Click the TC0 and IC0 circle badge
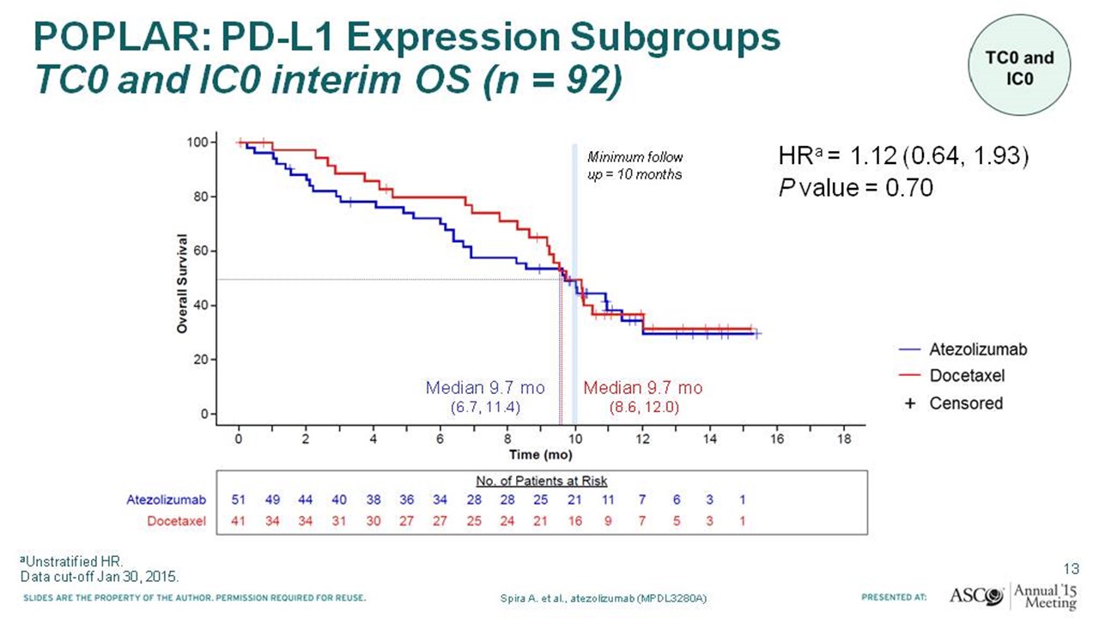point(1019,65)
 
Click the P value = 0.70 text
point(856,188)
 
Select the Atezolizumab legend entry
point(962,349)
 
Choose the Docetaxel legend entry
point(951,375)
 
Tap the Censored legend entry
point(953,403)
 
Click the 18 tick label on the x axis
point(844,439)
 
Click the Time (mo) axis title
point(541,455)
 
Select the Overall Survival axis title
point(182,283)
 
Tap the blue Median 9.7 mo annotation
point(485,397)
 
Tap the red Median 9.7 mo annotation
point(643,397)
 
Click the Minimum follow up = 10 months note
point(635,166)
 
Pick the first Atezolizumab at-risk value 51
point(239,500)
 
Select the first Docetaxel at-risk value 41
point(239,521)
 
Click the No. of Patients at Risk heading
point(542,481)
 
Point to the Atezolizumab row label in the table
point(167,500)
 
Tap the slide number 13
point(1072,569)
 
